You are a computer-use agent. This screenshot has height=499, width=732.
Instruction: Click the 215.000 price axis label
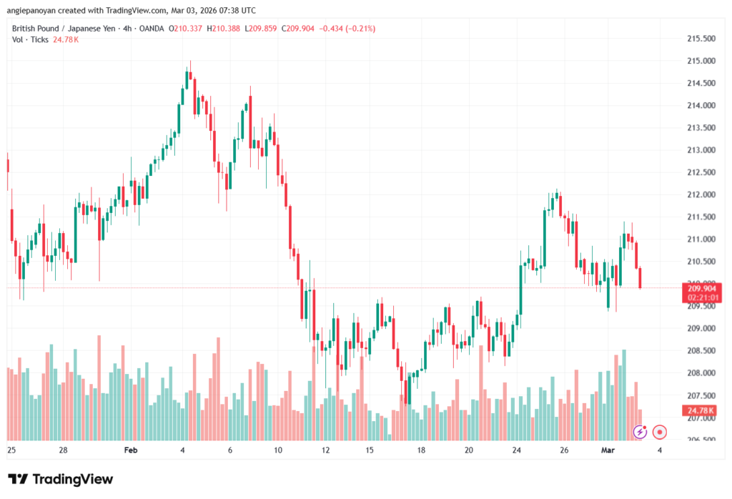tap(701, 61)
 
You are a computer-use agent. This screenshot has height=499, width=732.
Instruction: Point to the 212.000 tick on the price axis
tap(701, 194)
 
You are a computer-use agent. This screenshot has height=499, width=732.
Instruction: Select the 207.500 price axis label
tap(701, 395)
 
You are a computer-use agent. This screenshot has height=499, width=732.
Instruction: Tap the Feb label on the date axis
tap(130, 450)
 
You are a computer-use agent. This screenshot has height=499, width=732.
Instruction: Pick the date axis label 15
tap(369, 450)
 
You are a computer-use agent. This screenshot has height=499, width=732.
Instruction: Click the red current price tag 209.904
tap(701, 288)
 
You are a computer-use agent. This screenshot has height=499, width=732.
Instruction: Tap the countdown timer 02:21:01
tap(701, 297)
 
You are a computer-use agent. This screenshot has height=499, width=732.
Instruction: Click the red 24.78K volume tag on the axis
tap(701, 410)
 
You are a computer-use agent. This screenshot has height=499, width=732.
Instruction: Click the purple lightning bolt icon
tap(640, 432)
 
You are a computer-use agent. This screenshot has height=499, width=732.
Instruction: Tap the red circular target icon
tap(660, 432)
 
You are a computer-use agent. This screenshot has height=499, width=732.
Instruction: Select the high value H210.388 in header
tap(225, 29)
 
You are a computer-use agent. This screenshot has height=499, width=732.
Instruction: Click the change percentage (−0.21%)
tap(360, 29)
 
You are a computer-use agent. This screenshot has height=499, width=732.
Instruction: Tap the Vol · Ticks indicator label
tap(31, 39)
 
